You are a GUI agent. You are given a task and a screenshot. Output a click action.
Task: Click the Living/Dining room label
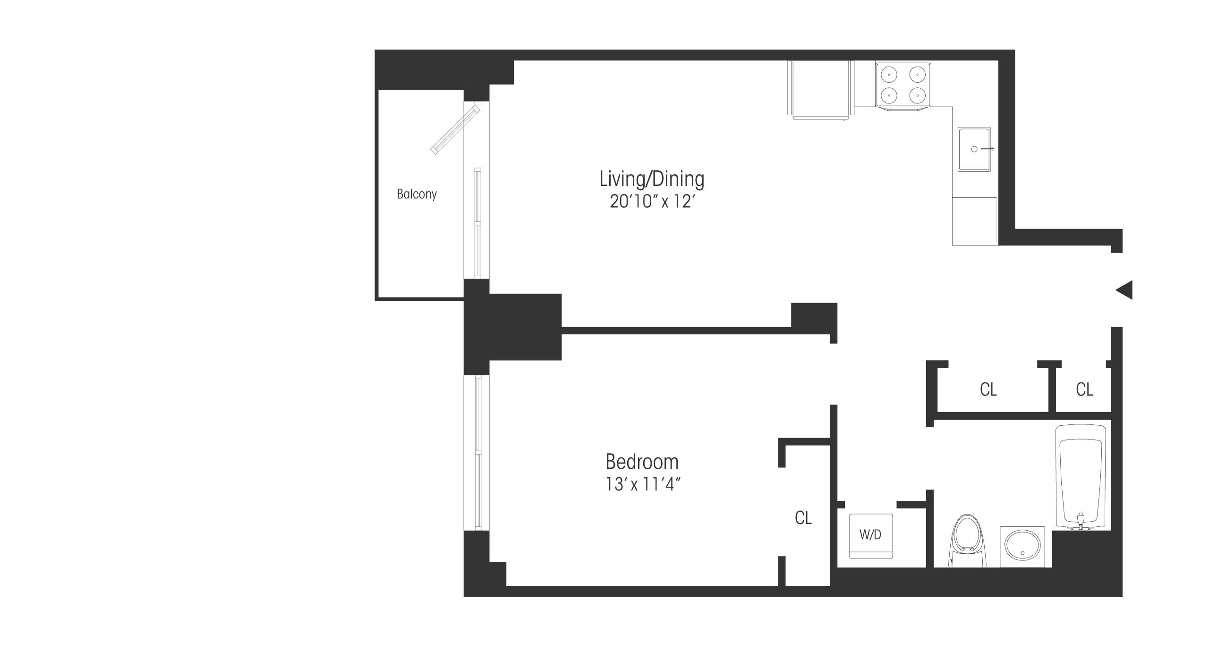pos(652,179)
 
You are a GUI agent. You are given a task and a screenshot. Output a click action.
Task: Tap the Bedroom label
pos(642,462)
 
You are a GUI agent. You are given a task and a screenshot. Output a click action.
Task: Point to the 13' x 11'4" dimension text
pos(643,484)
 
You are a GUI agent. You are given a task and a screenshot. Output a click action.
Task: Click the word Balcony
pos(417,194)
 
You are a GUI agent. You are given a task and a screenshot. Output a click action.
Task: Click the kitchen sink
pos(974,149)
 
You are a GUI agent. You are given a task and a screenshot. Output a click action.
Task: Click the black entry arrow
pos(1124,290)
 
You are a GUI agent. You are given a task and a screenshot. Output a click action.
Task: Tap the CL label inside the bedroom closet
pos(803,518)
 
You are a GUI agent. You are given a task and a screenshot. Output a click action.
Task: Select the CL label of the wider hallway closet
pos(988,389)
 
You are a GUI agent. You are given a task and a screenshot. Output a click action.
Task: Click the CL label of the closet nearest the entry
pos(1084,389)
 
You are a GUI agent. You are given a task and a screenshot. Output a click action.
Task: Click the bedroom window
pos(477,453)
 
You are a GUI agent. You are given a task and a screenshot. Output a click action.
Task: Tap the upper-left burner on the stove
pos(889,75)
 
